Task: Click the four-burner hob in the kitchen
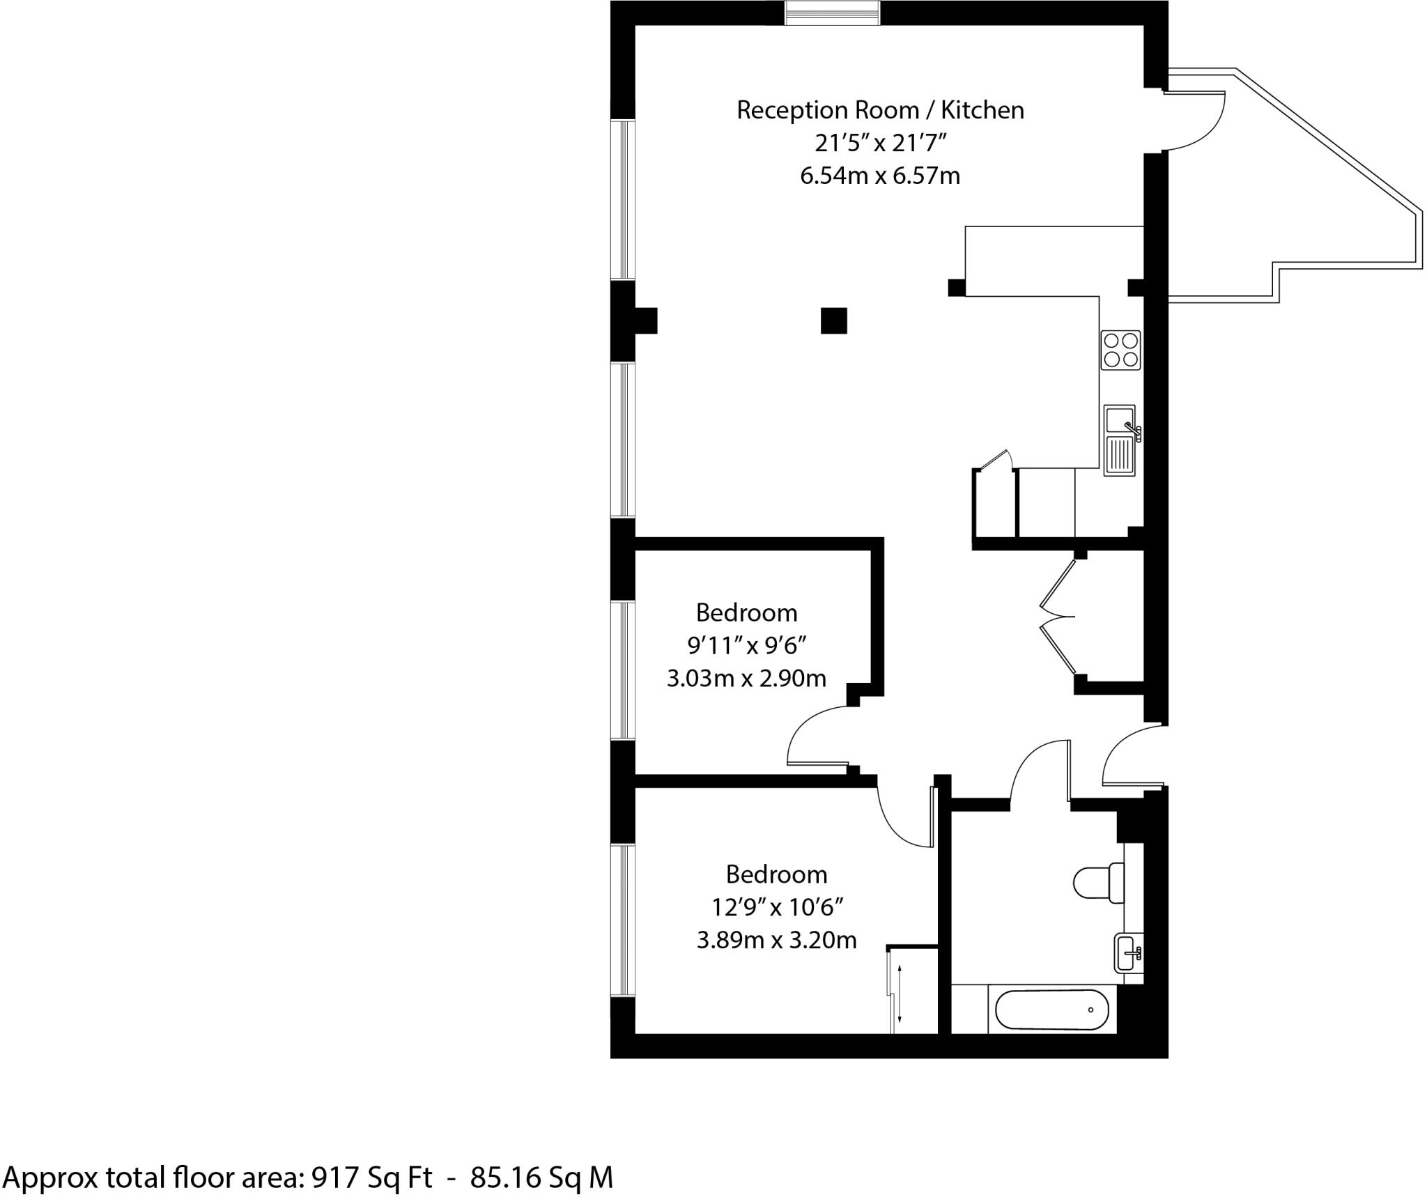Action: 1120,350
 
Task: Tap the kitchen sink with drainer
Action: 1120,440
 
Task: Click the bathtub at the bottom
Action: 1051,1010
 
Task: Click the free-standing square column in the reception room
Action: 833,321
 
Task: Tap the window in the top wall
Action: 832,13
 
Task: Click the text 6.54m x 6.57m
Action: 880,176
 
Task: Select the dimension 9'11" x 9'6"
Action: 747,646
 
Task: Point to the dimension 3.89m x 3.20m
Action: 776,941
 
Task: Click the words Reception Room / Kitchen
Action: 880,110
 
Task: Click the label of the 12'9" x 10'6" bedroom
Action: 776,874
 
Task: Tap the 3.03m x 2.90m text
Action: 746,678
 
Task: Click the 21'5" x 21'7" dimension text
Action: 880,144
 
